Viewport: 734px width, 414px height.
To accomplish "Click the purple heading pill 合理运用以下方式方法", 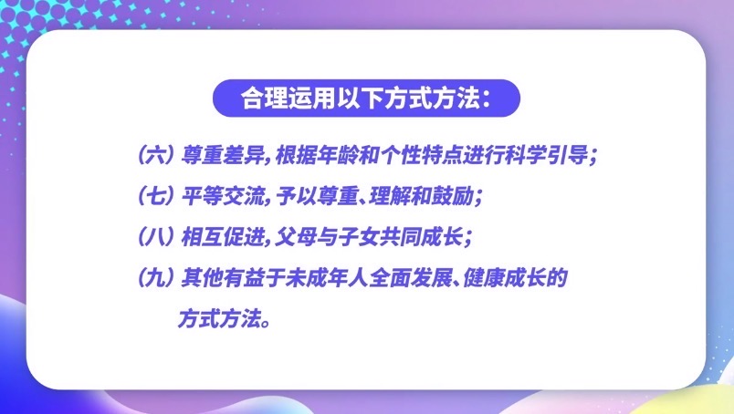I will pyautogui.click(x=366, y=98).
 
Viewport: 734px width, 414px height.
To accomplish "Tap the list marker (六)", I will pyautogui.click(x=154, y=156).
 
